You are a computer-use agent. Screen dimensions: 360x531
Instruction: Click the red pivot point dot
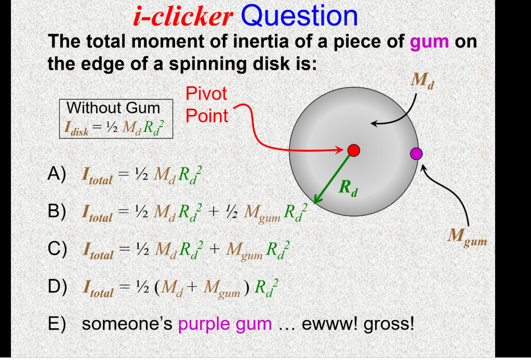(x=354, y=150)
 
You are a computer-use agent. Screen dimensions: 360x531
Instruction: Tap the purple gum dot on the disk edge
(x=416, y=153)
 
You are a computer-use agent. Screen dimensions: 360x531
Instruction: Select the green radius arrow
(x=332, y=177)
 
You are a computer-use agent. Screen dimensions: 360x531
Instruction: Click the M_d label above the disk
(x=421, y=81)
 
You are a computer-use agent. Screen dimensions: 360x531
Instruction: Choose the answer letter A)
(x=57, y=175)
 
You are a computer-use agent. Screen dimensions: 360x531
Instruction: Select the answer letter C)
(x=57, y=250)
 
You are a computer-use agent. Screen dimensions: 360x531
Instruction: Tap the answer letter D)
(x=57, y=287)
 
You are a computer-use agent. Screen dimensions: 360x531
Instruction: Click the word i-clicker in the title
(x=182, y=17)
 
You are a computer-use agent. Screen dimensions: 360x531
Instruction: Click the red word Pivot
(x=206, y=94)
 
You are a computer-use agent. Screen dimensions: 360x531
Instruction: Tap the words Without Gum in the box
(x=114, y=108)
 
